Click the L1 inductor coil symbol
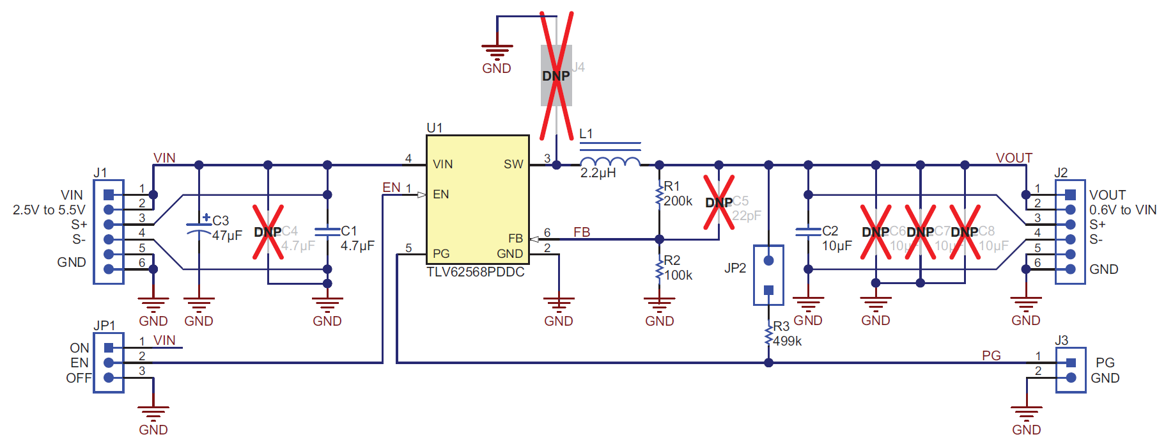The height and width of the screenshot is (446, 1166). (609, 161)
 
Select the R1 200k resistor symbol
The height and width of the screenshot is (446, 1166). (659, 196)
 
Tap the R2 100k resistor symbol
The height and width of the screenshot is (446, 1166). (659, 269)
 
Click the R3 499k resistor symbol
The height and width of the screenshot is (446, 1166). (768, 335)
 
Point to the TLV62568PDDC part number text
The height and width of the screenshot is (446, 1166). (475, 272)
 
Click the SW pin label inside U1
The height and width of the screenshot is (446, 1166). (513, 164)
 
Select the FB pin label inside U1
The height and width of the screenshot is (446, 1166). (515, 239)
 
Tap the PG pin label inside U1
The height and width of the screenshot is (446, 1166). (440, 253)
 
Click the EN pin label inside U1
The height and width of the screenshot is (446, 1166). (440, 195)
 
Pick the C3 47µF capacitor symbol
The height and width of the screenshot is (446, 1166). (199, 228)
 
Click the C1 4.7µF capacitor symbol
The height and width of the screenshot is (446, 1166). (327, 232)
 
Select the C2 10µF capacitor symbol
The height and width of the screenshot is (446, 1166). (808, 232)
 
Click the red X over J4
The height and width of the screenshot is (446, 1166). (556, 76)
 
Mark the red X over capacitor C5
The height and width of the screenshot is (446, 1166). (719, 202)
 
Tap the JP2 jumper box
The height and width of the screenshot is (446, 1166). (768, 275)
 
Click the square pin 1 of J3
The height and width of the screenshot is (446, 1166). (1071, 363)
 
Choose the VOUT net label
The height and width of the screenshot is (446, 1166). (1013, 157)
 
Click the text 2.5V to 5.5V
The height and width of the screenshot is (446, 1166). (49, 210)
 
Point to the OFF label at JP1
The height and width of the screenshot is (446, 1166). (78, 378)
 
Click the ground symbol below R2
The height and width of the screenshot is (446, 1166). (659, 303)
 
